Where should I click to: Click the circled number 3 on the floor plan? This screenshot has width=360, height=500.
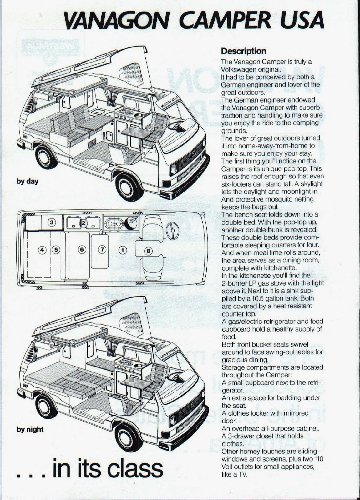tap(52, 222)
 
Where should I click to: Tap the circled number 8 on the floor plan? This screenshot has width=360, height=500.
tap(148, 251)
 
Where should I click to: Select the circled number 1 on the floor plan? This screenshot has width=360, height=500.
tap(123, 250)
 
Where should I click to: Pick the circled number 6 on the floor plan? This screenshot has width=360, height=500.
tap(82, 250)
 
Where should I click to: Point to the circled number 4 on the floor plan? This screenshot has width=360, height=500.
tap(42, 250)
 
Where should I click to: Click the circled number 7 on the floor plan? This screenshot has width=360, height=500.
tap(102, 249)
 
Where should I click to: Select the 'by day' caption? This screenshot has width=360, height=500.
tap(27, 181)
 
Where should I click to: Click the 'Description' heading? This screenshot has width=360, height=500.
tap(244, 51)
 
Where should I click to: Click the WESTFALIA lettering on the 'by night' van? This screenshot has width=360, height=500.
tap(169, 352)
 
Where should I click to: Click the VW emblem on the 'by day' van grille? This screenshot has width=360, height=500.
tap(194, 153)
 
